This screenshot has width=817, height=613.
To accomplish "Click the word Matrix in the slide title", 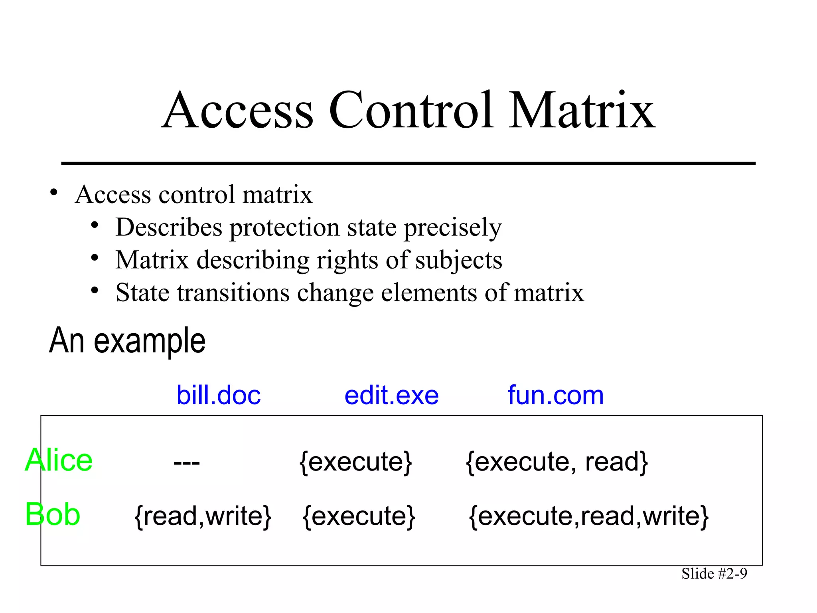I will coord(582,111).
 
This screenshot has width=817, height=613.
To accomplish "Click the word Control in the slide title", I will coord(410,111).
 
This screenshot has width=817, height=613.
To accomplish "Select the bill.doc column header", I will coord(219,395).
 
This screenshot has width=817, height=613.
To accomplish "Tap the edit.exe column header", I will coord(391,395).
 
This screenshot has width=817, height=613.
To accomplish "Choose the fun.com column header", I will coord(556,395).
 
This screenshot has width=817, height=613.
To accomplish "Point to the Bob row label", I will coord(53,514).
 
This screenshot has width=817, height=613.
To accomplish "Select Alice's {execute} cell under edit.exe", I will coord(355,462).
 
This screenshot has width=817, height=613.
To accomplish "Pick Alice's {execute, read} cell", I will coord(557,462).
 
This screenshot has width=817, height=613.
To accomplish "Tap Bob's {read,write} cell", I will coord(203,516).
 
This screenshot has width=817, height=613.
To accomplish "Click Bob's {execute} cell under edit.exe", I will coord(359,516).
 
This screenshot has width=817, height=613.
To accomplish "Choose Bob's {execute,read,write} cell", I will coord(589,516).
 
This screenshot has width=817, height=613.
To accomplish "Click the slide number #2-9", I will coord(714,574).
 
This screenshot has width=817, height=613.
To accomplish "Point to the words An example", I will coord(127,341).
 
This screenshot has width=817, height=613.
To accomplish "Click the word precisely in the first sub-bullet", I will coord(452,228).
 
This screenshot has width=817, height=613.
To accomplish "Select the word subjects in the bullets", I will coord(459,261).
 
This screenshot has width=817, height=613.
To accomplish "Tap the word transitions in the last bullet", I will coord(233,293).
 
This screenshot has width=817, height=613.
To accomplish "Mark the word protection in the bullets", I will coord(284,228).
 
